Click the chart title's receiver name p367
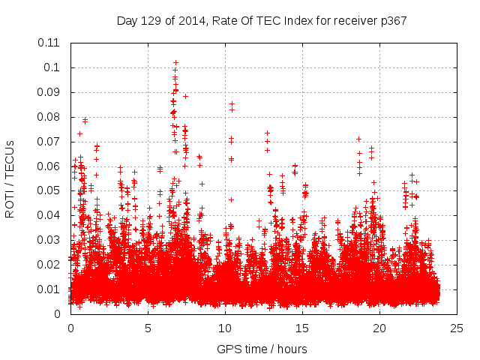pos(391,20)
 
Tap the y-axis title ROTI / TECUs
pos(10,178)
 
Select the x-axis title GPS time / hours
pos(262,349)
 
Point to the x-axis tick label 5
pos(148,328)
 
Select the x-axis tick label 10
pos(225,328)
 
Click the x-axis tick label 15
pos(302,328)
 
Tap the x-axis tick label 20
pos(379,328)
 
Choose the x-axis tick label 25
pos(457,328)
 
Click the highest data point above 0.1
pos(175,63)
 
